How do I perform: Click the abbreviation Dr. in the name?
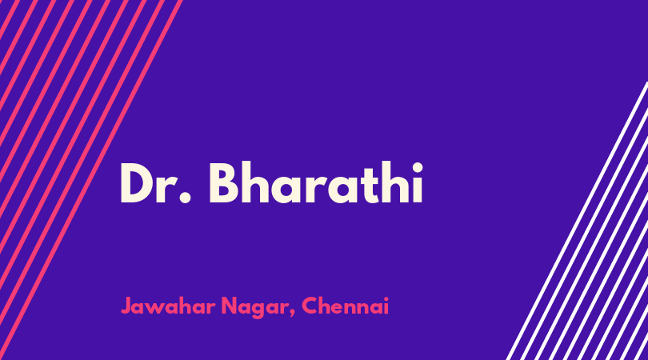156,182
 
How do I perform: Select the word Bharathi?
316,182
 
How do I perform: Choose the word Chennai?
345,306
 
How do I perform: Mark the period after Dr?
186,198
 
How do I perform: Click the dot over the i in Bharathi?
417,168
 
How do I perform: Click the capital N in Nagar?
230,306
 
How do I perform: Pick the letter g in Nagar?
259,310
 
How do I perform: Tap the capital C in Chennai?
310,306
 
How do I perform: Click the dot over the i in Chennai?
386,298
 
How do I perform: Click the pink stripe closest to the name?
90,180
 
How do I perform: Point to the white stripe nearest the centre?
577,221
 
